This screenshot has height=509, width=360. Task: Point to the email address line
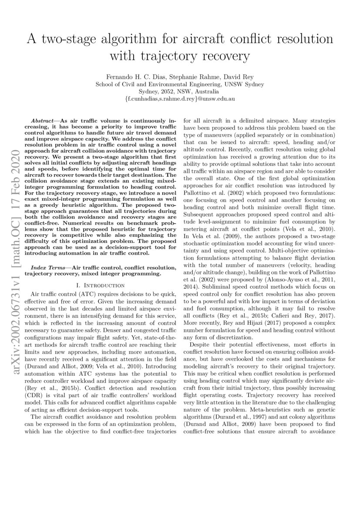point(180,99)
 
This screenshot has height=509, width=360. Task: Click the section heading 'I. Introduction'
point(101,285)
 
